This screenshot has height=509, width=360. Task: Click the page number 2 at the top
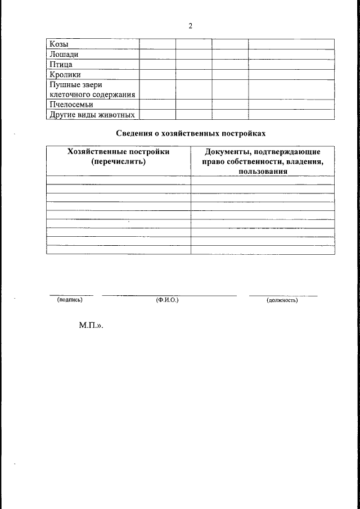click(x=191, y=26)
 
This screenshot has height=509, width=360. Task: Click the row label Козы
click(x=60, y=44)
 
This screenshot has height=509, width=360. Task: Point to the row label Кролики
click(x=65, y=74)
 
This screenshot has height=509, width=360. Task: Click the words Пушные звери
click(x=75, y=84)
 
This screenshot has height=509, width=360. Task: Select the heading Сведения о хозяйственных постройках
click(x=190, y=134)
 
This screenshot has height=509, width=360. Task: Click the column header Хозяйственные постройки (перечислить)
click(x=118, y=156)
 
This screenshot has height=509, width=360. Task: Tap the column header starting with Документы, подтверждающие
click(x=263, y=152)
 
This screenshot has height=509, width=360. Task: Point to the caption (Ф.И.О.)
click(x=168, y=300)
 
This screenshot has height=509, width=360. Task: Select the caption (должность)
click(x=282, y=300)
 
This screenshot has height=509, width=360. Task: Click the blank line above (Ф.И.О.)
click(x=169, y=295)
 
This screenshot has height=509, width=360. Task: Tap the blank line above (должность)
click(x=283, y=295)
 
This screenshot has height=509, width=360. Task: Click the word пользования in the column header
click(x=263, y=172)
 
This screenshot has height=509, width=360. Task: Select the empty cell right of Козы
click(x=157, y=44)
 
